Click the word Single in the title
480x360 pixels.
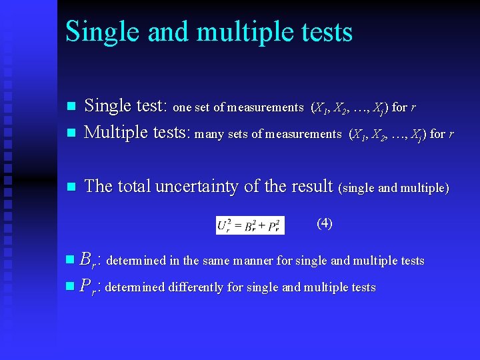(x=99, y=32)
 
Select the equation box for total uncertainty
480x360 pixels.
(x=250, y=225)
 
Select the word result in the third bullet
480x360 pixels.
(x=311, y=187)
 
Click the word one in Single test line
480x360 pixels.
(x=181, y=107)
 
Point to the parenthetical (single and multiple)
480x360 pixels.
(x=395, y=188)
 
